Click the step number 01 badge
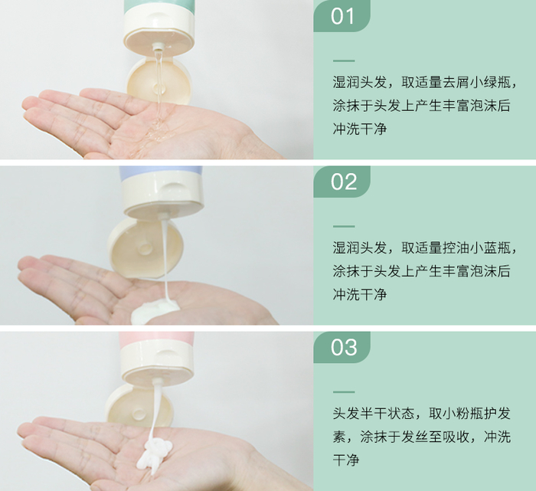pos(342,16)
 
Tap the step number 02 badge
pos(342,182)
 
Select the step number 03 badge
pos(342,347)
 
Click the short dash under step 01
pos(344,61)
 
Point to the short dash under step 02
pos(344,227)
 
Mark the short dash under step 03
pos(344,392)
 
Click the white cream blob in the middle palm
pos(155,310)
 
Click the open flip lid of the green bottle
pos(159,81)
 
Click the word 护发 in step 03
pos(497,414)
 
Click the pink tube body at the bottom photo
pos(156,339)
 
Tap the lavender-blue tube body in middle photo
pos(161,172)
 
